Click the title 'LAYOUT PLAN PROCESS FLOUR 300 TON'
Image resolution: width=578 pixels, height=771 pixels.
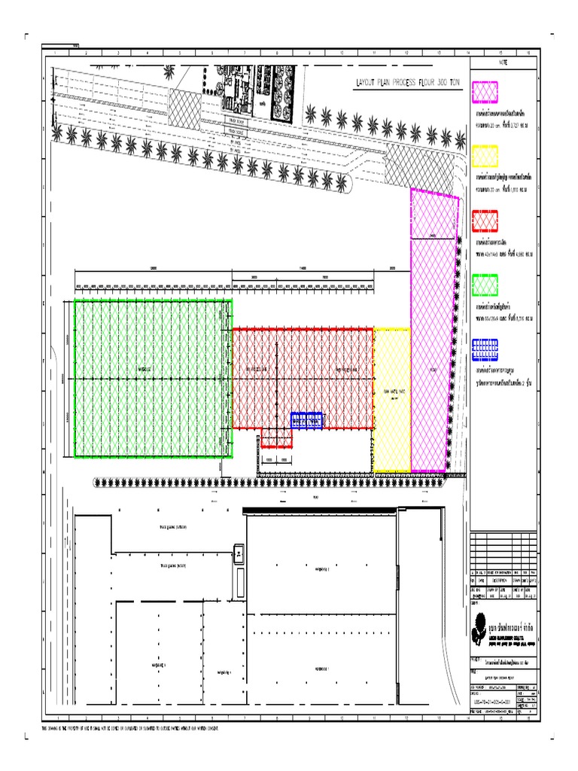(x=407, y=87)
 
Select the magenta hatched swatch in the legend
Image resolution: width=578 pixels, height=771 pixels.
(x=485, y=92)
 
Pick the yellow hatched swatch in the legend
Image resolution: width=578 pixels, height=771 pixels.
(x=485, y=156)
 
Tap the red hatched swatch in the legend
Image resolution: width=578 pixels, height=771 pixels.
(x=485, y=221)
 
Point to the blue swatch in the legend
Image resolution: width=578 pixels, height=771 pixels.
(x=485, y=348)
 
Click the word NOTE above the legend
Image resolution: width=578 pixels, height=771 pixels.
(x=504, y=62)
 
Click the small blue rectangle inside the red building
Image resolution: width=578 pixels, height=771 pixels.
(x=307, y=420)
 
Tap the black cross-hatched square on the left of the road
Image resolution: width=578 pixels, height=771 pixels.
(x=184, y=109)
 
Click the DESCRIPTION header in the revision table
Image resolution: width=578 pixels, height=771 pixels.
(x=500, y=581)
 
